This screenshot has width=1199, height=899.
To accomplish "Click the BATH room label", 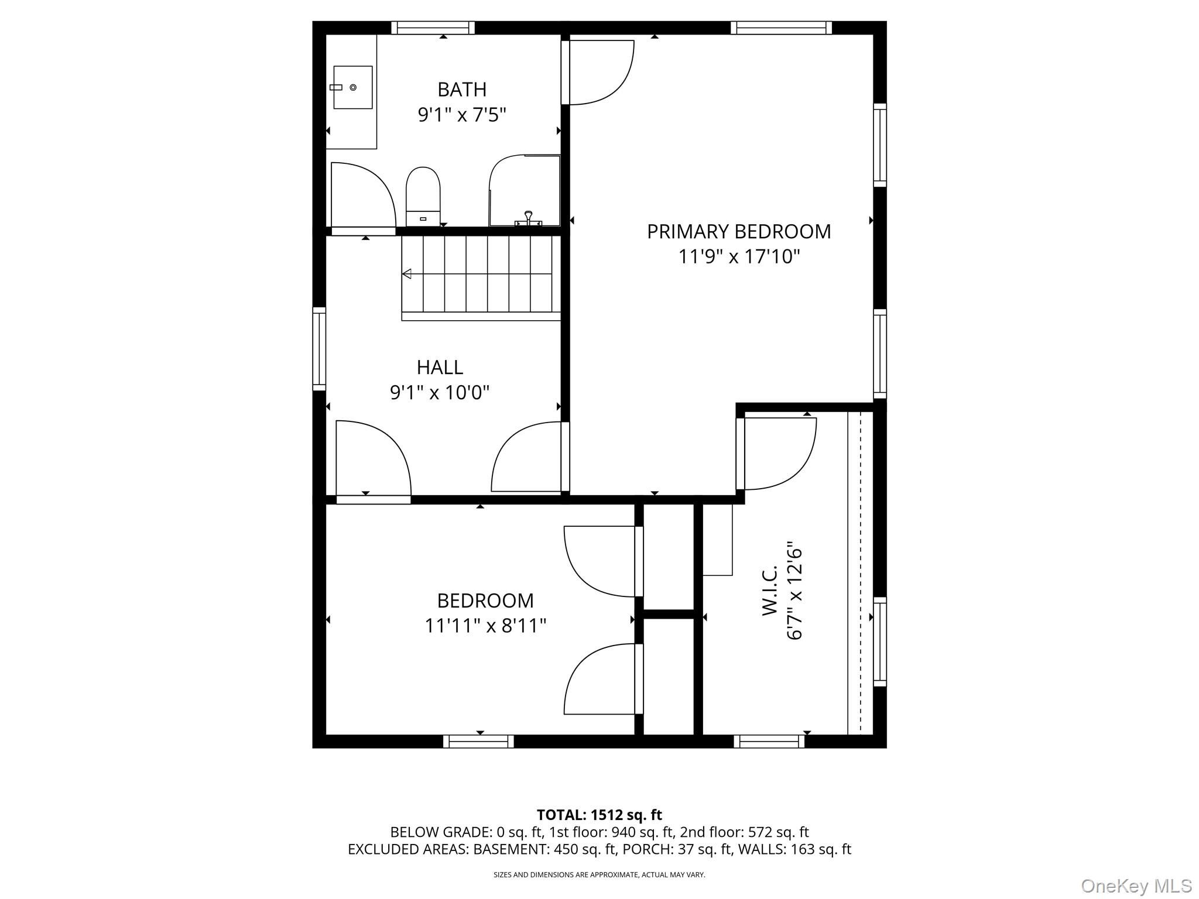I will point(461,90).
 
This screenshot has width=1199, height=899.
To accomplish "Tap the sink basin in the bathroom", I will point(352,87).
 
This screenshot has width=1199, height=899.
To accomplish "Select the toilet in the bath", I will point(423,195).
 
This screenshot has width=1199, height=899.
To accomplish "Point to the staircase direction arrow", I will point(406,274).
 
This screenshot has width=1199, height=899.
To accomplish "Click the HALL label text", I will point(440,368).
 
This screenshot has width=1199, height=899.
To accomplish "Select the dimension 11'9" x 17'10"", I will point(738,256).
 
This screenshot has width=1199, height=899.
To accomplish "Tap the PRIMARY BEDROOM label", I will point(738,232).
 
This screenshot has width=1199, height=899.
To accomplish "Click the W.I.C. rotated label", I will point(769,591).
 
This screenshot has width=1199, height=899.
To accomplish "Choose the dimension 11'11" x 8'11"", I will point(485,626).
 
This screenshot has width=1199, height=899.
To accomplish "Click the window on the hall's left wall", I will point(319,348).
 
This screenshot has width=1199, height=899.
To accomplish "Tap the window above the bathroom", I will point(433,28).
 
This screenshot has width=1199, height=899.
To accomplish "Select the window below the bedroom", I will point(478,742).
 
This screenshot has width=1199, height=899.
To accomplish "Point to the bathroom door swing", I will point(363,196).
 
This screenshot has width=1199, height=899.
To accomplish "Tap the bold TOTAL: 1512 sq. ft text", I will point(599,815).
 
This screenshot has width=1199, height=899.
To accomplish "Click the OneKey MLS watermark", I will point(1136,886).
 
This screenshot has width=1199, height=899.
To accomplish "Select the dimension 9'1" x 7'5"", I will point(461,115).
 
